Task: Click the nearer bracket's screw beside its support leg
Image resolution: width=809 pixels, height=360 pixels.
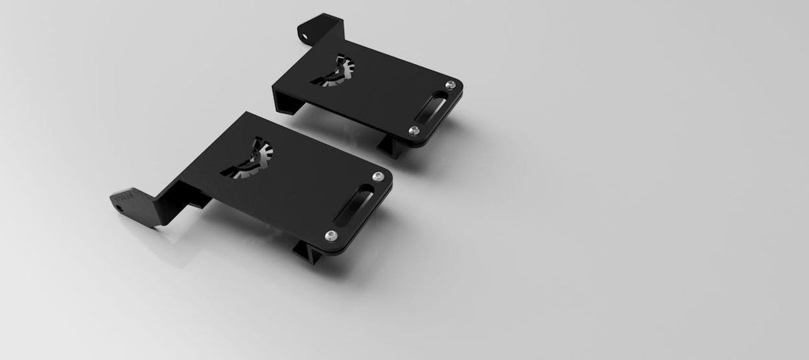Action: [x=331, y=235]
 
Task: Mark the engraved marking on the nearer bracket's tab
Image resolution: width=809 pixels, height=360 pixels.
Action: [x=127, y=197]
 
